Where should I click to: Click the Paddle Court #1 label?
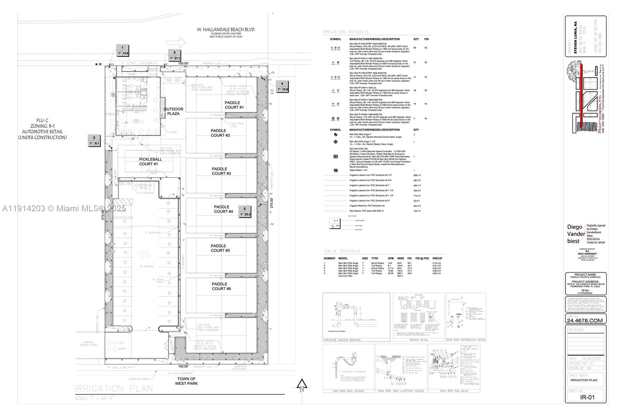(234, 105)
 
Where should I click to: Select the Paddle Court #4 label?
(223, 209)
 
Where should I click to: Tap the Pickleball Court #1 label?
(150, 162)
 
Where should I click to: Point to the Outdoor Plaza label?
(173, 111)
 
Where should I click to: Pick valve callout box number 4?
(282, 86)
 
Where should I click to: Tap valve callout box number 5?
(245, 212)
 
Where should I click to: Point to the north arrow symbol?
(302, 385)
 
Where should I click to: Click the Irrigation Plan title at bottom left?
(114, 388)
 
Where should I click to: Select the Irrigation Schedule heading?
(346, 32)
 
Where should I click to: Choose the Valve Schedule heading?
(342, 251)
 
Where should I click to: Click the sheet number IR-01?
(587, 397)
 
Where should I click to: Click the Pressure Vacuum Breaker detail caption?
(342, 340)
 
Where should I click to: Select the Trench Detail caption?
(418, 340)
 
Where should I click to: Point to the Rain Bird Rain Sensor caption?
(348, 391)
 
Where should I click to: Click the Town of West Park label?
(186, 381)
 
